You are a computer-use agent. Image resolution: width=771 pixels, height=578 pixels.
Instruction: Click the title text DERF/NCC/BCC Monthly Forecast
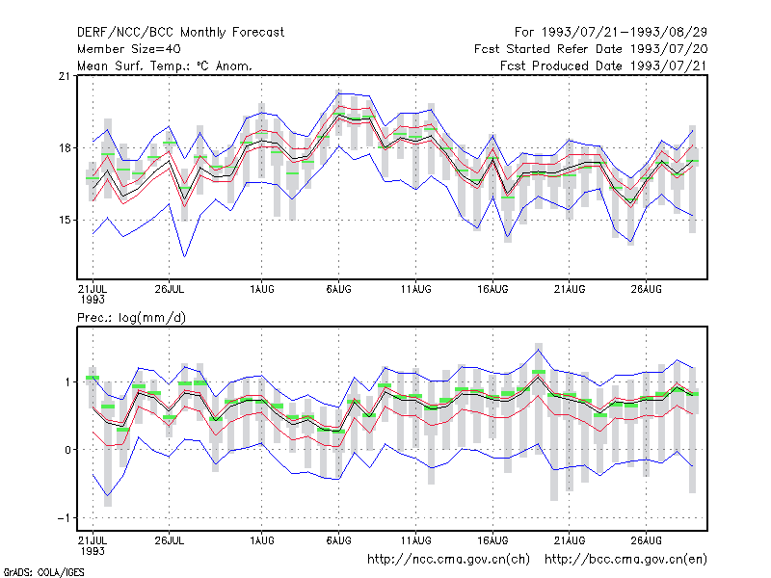coord(180,33)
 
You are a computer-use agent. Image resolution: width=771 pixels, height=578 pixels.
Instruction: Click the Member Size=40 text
coord(129,49)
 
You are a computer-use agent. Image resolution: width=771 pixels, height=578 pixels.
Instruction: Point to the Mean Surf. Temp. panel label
coord(165,66)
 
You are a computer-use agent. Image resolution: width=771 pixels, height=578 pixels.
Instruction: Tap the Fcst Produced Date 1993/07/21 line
coord(603,66)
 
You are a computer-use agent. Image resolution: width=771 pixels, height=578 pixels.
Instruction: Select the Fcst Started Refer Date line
coord(591,49)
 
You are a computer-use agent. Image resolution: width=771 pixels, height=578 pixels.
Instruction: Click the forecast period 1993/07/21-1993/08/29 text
coord(611,33)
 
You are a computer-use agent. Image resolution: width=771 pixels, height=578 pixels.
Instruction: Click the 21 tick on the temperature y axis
coord(65,76)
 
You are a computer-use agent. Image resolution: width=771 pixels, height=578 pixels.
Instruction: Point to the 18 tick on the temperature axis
coord(65,148)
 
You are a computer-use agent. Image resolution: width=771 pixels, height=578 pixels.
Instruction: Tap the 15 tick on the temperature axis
coord(65,220)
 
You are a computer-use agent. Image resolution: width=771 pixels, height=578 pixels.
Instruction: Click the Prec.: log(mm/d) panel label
coord(131,318)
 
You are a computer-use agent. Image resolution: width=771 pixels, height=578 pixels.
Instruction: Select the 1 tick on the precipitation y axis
coord(67,381)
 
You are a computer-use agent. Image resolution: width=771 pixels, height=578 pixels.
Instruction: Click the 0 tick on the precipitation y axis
coord(67,450)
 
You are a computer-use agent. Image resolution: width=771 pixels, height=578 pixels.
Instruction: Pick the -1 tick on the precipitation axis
coord(64,518)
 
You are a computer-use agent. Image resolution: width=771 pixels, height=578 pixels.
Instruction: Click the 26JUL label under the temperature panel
coord(170,289)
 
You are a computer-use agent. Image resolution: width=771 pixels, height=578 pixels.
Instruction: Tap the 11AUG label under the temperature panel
coord(416,289)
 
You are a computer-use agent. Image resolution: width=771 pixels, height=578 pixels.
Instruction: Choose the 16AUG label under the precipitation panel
coord(492,540)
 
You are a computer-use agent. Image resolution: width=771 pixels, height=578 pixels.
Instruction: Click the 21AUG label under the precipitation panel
coord(570,540)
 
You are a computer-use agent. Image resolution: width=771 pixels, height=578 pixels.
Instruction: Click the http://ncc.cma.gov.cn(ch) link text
coord(448,560)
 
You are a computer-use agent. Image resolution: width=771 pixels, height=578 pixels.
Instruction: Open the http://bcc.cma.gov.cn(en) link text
coord(625,560)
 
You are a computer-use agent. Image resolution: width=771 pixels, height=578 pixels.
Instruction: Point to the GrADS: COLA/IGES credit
coord(44,572)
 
